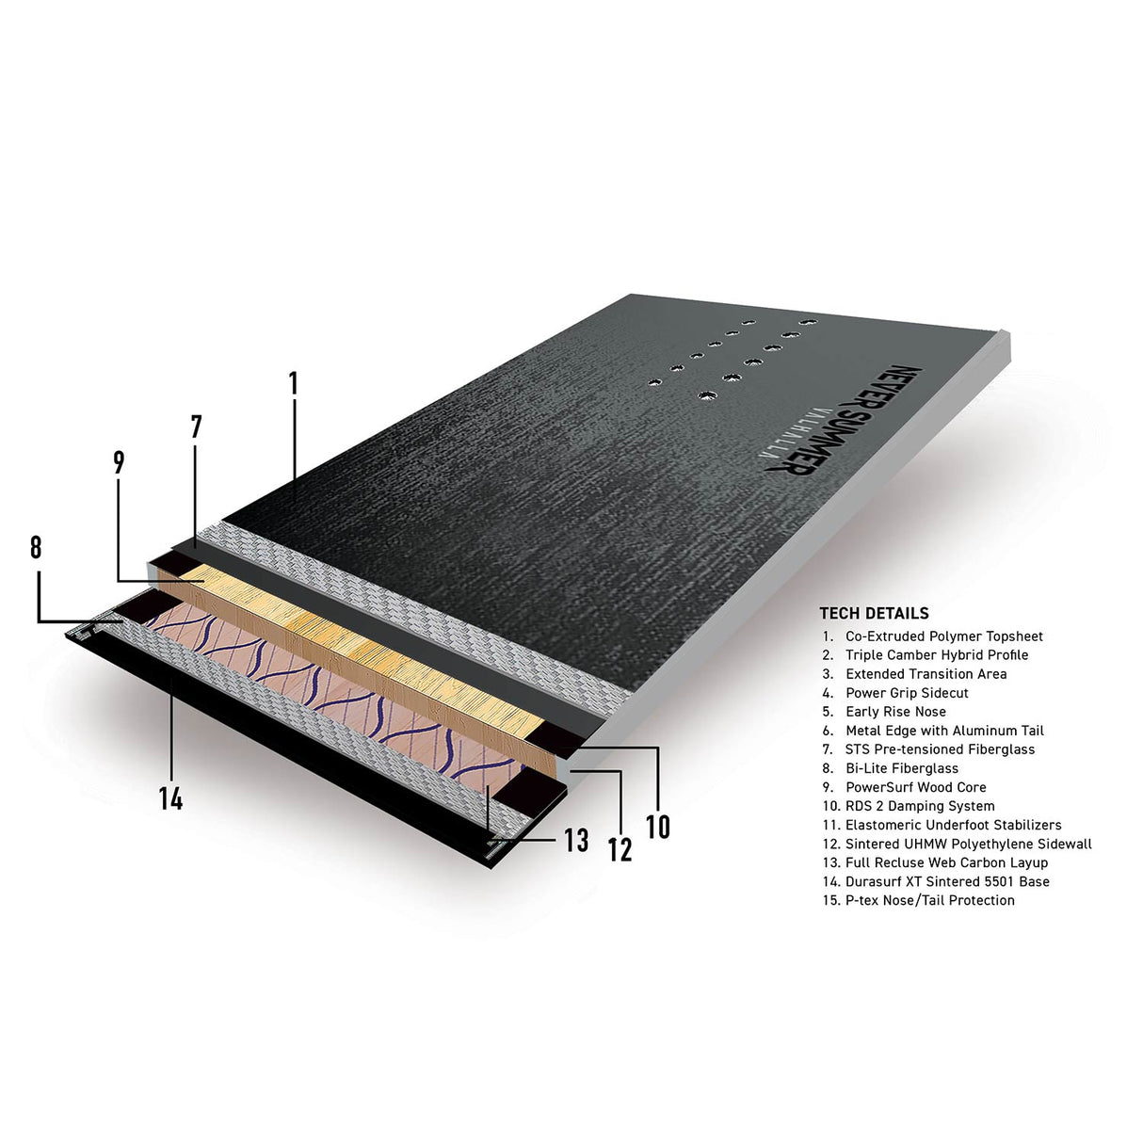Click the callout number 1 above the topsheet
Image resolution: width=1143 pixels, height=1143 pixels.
click(x=293, y=383)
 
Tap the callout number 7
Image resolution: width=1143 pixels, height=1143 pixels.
click(x=197, y=427)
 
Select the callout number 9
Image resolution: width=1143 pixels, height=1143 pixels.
click(x=119, y=463)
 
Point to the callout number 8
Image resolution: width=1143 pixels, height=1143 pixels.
click(x=36, y=547)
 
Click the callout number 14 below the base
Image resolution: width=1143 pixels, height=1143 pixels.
click(x=170, y=799)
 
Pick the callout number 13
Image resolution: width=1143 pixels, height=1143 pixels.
click(x=576, y=841)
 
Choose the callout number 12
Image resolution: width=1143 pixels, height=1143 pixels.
click(x=620, y=850)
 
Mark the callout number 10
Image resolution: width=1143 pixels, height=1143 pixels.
click(x=658, y=828)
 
